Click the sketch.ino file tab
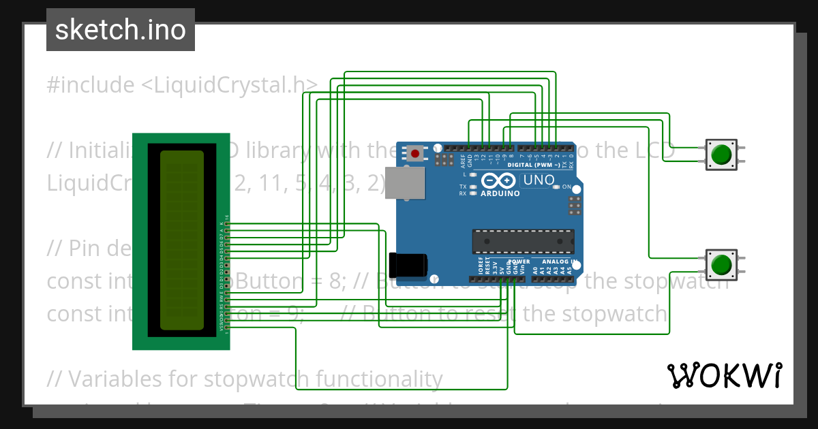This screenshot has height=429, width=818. coord(120,30)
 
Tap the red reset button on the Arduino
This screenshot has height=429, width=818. coord(414,153)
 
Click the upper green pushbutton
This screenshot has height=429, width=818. coord(721,155)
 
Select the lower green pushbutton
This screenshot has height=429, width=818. coord(721,264)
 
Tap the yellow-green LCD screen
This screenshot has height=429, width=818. coord(181,240)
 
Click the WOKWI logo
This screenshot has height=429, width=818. coord(724,376)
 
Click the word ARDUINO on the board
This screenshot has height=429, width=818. coord(500,193)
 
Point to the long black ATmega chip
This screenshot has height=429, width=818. coord(523,241)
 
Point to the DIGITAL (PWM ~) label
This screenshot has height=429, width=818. coord(539,165)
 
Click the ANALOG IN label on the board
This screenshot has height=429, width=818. coord(560,262)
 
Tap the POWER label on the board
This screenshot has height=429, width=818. coord(519,262)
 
